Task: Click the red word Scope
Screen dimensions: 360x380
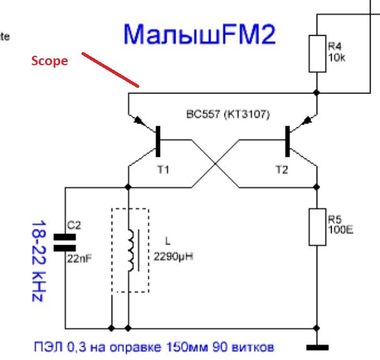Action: tap(50, 61)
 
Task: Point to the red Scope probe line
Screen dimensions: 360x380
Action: tap(110, 70)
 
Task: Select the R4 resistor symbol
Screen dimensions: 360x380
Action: tap(317, 53)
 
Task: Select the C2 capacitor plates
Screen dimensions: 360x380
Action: tap(65, 242)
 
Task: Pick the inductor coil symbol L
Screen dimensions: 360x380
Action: tap(132, 250)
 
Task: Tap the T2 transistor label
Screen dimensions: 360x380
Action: tap(280, 169)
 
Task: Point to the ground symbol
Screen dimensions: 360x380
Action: tap(317, 346)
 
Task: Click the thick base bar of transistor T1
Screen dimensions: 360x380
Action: tap(158, 140)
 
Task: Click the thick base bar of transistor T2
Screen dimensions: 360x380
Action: tap(288, 140)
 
